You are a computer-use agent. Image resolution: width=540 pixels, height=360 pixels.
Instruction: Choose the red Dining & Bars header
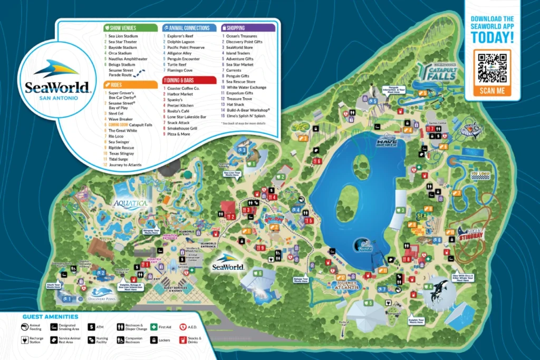189,80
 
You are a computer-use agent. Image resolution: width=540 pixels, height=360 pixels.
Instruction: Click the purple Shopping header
247,27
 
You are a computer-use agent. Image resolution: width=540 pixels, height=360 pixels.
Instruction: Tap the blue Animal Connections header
189,27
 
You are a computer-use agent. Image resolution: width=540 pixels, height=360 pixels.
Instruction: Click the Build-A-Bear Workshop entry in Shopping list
248,110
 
